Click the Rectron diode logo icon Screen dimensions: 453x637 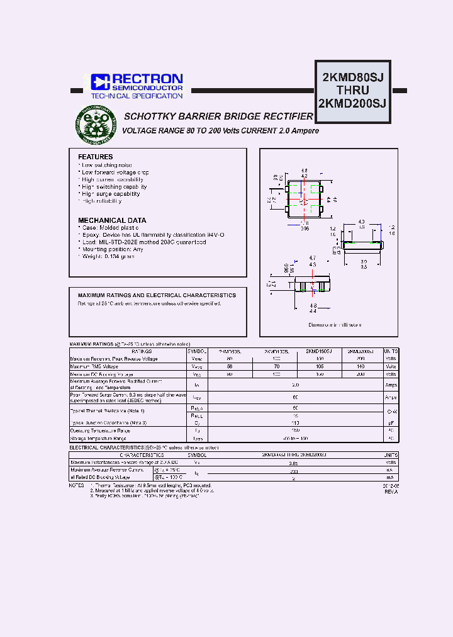[x=101, y=82]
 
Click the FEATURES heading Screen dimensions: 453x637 [x=96, y=157]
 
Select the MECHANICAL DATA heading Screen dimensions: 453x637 [x=112, y=220]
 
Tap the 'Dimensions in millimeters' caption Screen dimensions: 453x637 [x=335, y=325]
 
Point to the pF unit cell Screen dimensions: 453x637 [x=391, y=423]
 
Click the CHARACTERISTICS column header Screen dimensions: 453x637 [x=142, y=454]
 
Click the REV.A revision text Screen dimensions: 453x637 [x=391, y=492]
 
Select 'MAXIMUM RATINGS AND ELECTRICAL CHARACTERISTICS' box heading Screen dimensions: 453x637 [x=157, y=295]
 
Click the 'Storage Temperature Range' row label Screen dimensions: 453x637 [x=99, y=438]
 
